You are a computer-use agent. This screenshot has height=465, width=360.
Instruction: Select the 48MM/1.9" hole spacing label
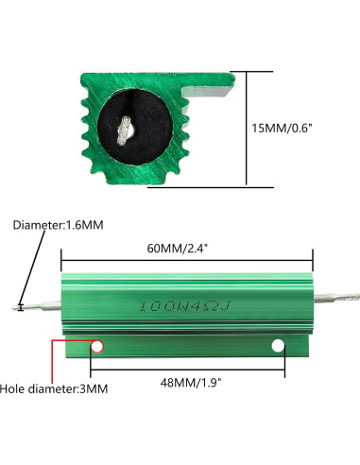187,385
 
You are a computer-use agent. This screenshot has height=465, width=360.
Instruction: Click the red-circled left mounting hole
96,348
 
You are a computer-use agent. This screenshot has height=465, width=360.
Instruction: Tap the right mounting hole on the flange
279,348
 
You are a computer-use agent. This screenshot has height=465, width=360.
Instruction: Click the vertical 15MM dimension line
247,127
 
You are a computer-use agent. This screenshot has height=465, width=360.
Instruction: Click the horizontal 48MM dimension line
187,368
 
